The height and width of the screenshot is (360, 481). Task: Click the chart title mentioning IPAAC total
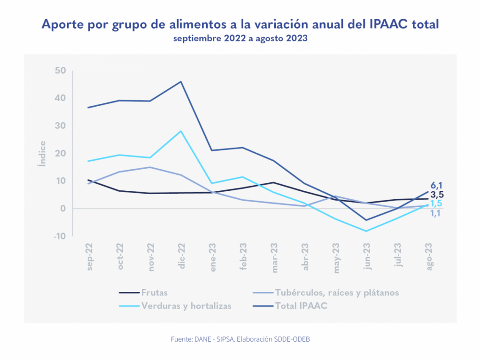240,24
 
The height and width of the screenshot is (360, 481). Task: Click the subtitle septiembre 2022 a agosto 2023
240,39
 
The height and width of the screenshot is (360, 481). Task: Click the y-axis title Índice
43,154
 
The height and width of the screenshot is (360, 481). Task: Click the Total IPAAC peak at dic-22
181,82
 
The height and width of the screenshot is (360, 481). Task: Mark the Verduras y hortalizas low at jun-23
366,231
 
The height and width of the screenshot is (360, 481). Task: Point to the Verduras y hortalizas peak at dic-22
181,131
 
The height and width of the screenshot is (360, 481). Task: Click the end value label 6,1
437,186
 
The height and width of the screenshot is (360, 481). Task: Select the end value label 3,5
437,195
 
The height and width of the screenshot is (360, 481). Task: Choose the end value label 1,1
437,213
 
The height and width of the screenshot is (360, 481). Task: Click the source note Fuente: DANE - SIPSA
240,339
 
